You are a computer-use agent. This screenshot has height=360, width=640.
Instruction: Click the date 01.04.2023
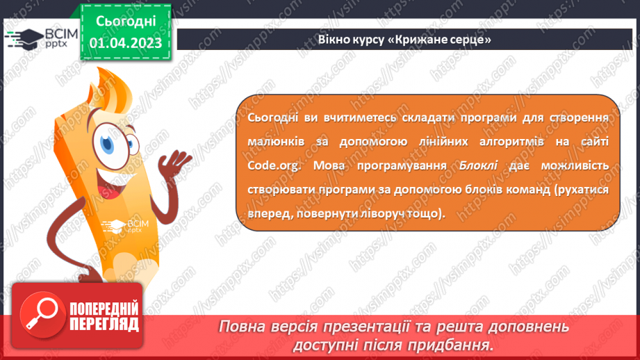click(126, 43)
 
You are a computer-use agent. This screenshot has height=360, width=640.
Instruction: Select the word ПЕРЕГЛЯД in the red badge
click(104, 325)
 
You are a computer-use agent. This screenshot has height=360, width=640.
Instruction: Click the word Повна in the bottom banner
click(244, 327)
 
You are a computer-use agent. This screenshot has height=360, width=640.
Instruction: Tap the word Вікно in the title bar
click(335, 39)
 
